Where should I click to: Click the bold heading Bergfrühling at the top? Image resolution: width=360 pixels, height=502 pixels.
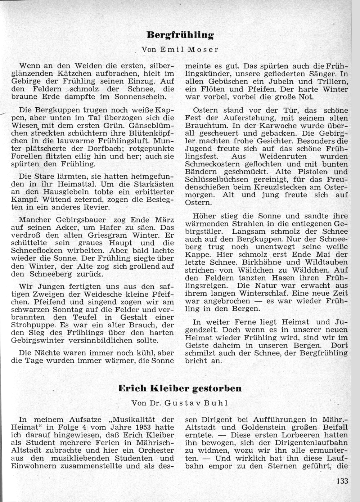(x=180, y=35)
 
